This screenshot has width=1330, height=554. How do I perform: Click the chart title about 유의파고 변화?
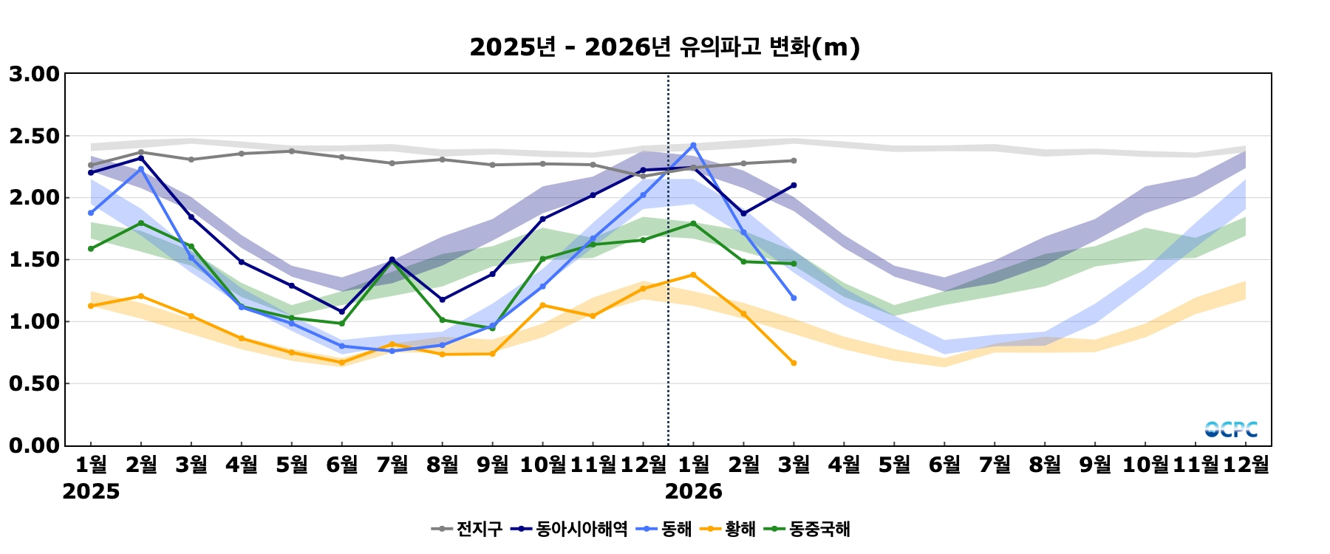click(x=664, y=47)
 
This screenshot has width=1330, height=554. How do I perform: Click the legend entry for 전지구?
click(x=467, y=529)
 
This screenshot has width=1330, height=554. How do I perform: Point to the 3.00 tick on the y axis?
click(x=34, y=74)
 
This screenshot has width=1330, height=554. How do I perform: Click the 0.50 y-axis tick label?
click(x=34, y=383)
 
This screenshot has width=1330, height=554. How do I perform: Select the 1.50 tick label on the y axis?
click(x=34, y=260)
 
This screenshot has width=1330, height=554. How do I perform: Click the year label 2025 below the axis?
click(x=91, y=492)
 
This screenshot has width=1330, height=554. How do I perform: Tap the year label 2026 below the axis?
click(x=693, y=492)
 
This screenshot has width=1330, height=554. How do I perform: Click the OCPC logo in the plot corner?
click(x=1231, y=429)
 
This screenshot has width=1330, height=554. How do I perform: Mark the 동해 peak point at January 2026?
click(x=693, y=146)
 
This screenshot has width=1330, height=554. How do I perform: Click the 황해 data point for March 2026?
click(x=794, y=363)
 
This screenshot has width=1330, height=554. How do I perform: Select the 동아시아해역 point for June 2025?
click(x=341, y=312)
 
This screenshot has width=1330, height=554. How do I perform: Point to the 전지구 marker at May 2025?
click(x=291, y=151)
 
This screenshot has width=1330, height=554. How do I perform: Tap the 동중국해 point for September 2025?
click(x=492, y=328)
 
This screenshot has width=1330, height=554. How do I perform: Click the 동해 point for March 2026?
click(x=794, y=298)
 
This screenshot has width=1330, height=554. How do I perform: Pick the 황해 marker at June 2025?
click(x=341, y=363)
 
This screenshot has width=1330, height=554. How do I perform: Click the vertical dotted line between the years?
click(x=668, y=295)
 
